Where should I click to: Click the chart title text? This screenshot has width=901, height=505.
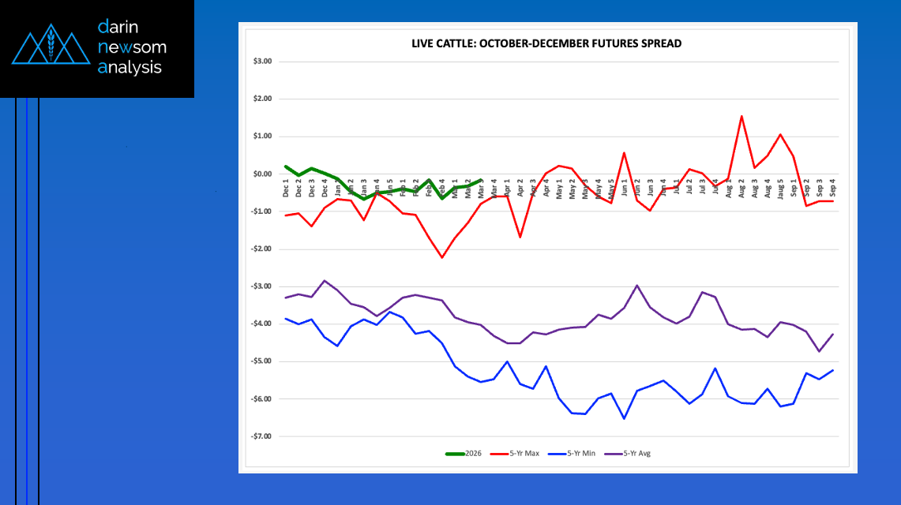(546, 44)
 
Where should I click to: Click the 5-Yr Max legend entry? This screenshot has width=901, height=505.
(515, 454)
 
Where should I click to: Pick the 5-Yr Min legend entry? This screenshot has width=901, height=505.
(572, 454)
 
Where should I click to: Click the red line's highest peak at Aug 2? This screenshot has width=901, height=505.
(742, 116)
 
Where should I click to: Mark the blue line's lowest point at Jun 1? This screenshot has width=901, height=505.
(625, 418)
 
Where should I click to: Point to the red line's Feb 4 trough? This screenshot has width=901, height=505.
(442, 257)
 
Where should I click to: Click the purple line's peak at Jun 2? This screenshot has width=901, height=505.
(637, 286)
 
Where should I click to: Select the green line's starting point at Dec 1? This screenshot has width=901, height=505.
(285, 166)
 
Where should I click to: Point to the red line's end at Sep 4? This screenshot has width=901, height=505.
(832, 201)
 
